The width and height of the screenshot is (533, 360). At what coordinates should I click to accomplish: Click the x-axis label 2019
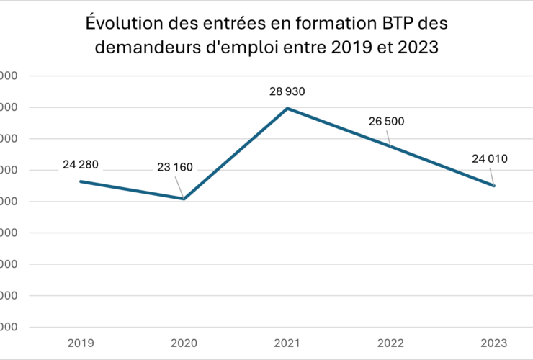[80, 343]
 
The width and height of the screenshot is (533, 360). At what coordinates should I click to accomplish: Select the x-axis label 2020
[184, 343]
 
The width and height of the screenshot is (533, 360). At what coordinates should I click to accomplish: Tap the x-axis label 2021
[287, 343]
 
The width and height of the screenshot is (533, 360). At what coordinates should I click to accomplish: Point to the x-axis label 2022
[390, 343]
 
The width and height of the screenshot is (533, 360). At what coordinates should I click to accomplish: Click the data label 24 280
[80, 164]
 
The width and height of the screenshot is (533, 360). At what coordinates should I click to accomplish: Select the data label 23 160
[174, 168]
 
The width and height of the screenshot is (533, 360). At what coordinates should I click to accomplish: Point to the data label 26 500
[387, 121]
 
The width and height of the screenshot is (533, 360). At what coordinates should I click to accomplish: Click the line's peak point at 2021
[287, 109]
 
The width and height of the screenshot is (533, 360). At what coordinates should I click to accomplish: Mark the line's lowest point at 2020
[184, 199]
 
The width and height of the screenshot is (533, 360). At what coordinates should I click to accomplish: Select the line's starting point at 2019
[80, 181]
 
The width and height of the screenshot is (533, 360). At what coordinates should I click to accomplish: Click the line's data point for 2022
[390, 147]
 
